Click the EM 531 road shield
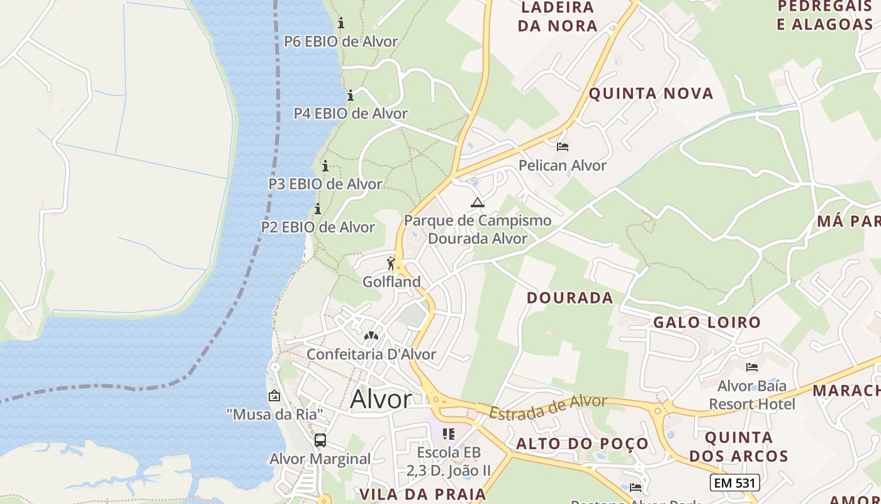click(x=734, y=483)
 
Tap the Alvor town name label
click(x=381, y=399)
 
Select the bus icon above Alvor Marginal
click(x=320, y=440)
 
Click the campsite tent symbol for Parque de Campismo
click(x=478, y=203)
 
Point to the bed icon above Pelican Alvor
click(x=563, y=147)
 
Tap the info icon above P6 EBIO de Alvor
click(x=341, y=23)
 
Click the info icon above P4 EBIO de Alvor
click(x=351, y=96)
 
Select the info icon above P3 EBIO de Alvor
click(x=325, y=166)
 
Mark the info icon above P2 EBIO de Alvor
click(x=318, y=209)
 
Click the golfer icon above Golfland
click(x=391, y=263)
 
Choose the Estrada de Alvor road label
click(x=548, y=407)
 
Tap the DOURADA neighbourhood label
click(x=570, y=297)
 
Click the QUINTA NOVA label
click(x=651, y=94)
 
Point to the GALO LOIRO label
click(x=707, y=323)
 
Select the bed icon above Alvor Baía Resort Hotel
click(x=751, y=367)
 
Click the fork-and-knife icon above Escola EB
click(x=449, y=434)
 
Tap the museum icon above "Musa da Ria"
click(x=274, y=396)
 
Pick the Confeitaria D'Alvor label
click(x=371, y=354)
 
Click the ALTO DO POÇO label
click(x=582, y=444)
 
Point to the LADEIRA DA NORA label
click(x=558, y=17)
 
